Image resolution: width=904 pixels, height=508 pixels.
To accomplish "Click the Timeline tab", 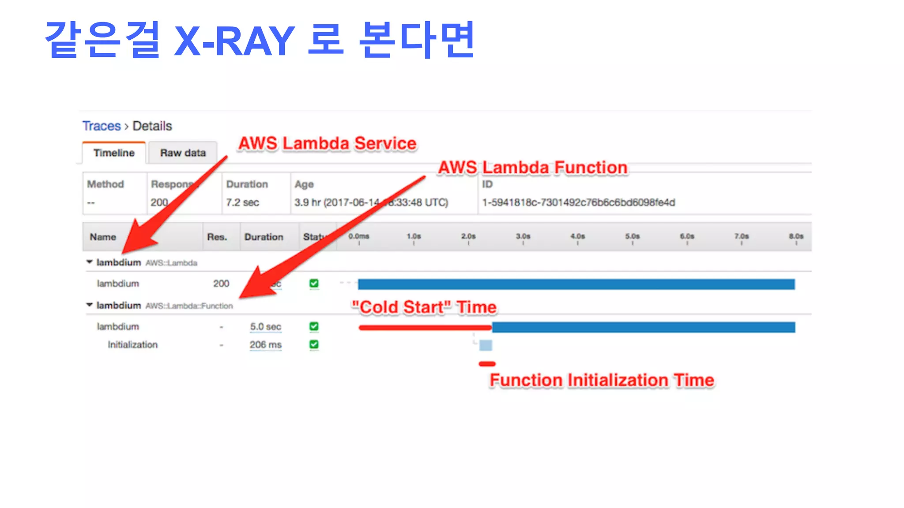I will click(114, 153).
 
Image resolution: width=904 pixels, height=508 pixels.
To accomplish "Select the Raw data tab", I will click(183, 153).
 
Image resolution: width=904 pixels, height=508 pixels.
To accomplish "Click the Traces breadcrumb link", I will click(102, 126).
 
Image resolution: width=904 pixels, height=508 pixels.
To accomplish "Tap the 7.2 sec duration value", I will click(242, 202).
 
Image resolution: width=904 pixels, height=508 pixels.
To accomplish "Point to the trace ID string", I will click(578, 202).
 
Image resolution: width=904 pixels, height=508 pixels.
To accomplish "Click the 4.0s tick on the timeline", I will click(577, 237).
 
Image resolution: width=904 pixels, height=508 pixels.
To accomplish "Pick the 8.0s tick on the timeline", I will click(796, 237).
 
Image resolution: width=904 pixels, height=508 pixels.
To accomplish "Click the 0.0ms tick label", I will click(358, 236).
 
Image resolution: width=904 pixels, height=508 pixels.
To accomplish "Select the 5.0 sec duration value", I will click(265, 327).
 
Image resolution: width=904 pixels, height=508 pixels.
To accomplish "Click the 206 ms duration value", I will click(265, 345).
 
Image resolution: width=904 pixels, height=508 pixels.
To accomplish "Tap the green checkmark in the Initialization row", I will click(314, 344).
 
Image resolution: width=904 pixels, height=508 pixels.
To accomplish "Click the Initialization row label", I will click(132, 345).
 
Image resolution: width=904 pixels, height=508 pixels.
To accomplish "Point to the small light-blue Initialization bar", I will click(486, 345).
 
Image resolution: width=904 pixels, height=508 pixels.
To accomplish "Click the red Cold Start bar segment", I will click(425, 328).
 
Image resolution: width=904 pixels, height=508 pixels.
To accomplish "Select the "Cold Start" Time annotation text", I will click(424, 307).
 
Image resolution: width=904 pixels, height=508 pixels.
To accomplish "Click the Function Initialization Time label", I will click(602, 380).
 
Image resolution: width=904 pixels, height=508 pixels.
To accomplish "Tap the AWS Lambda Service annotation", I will click(327, 143).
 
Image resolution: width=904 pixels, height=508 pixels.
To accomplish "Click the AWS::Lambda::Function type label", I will click(189, 306).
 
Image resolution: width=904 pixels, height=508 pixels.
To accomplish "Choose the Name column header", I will click(103, 237).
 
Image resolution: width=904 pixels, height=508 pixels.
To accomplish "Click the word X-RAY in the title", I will click(234, 41).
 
